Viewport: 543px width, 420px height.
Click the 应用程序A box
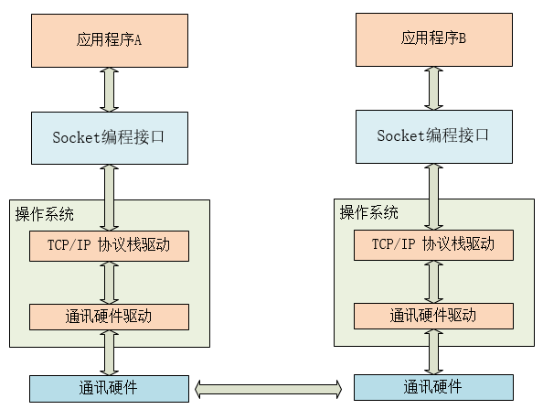tap(109, 40)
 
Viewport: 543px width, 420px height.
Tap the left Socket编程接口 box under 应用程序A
tap(109, 138)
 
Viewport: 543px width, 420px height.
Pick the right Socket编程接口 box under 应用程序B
tap(433, 135)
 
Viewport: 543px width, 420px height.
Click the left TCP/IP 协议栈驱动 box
tap(109, 245)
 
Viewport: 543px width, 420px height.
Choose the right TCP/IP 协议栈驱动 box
tap(433, 244)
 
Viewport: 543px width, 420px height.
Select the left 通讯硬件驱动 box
tap(109, 317)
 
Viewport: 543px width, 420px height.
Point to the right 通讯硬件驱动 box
tap(433, 316)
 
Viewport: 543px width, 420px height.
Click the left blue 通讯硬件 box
tap(109, 388)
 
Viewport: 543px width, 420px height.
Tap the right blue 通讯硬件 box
tap(433, 387)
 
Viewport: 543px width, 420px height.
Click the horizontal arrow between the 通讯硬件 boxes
tap(271, 389)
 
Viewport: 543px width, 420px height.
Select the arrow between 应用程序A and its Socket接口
tap(109, 90)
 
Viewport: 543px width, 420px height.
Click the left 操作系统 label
tap(45, 214)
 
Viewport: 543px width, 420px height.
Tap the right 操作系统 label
tap(369, 213)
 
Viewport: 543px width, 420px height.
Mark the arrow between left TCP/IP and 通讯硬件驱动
tap(109, 282)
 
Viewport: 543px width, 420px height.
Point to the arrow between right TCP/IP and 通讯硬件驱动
tap(433, 281)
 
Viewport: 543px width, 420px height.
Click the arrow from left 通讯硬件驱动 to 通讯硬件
tap(109, 352)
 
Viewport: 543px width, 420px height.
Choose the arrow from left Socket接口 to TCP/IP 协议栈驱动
tap(109, 198)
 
